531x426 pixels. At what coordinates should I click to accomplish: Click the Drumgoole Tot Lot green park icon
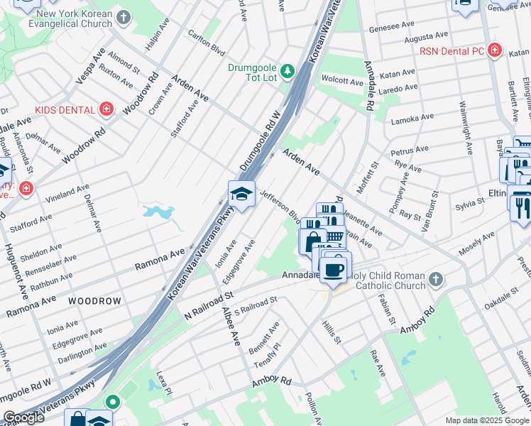(288, 70)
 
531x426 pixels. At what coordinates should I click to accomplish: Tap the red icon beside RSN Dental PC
(495, 51)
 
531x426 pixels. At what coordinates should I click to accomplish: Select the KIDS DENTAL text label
(65, 110)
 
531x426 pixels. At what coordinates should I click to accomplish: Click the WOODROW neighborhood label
(94, 301)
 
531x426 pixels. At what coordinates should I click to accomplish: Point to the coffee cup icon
(333, 269)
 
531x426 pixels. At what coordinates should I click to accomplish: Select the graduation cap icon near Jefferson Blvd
(241, 194)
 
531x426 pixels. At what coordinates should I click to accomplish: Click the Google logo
(23, 417)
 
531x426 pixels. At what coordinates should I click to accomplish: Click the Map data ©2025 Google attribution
(486, 420)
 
